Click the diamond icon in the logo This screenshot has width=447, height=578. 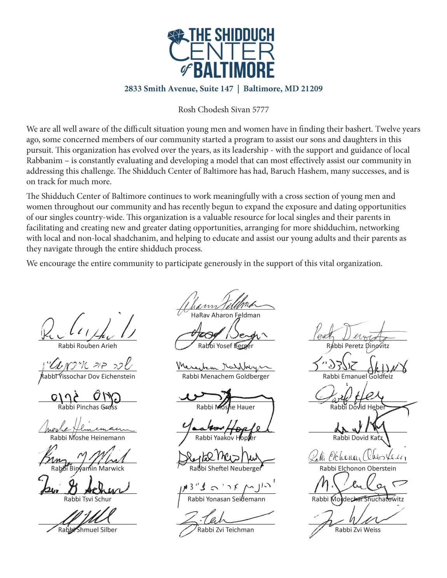click(x=177, y=36)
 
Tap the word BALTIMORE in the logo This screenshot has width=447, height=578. click(x=234, y=70)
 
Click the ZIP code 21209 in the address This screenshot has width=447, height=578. click(x=311, y=89)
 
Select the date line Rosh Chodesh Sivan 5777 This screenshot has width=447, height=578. click(x=223, y=110)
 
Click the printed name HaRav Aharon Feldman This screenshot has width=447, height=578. click(x=225, y=315)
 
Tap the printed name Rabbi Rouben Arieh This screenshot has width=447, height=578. click(x=87, y=346)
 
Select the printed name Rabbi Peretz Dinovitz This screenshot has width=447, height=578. click(x=358, y=346)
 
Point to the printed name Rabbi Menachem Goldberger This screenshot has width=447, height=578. click(x=225, y=376)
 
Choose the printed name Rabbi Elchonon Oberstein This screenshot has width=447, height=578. click(x=358, y=468)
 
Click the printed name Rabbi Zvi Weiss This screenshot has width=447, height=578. click(x=358, y=530)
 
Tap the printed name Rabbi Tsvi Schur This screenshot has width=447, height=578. click(x=87, y=499)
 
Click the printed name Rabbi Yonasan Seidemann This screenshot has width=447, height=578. click(x=226, y=499)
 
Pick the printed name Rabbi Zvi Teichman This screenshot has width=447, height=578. click(x=225, y=530)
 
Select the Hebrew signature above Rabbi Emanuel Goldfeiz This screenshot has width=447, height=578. click(x=360, y=365)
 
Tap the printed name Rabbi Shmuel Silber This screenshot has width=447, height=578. click(x=87, y=530)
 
